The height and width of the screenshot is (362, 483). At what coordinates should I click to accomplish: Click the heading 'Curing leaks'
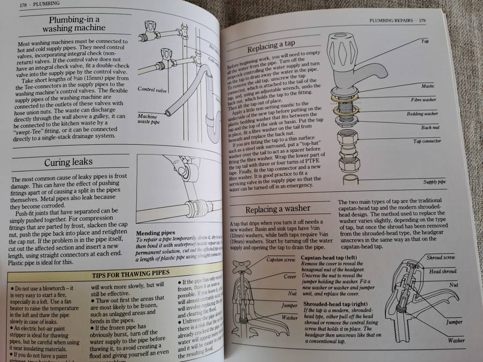[x=68, y=162]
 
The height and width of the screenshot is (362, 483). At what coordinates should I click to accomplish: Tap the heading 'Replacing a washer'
[x=277, y=209]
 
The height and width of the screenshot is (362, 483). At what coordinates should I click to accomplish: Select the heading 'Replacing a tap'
[x=277, y=46]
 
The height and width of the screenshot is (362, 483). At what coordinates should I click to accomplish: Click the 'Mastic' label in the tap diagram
[x=428, y=86]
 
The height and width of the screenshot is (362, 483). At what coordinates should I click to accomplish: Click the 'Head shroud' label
[x=442, y=271]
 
